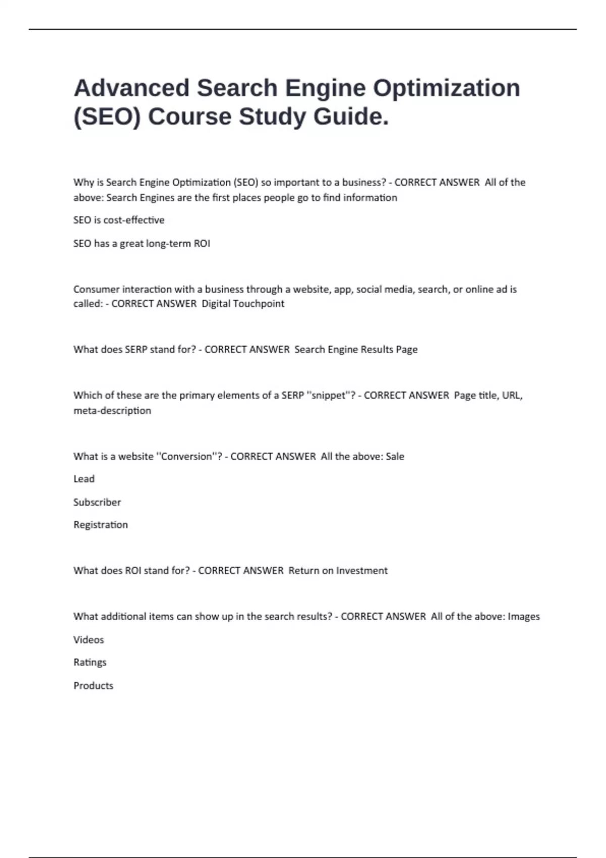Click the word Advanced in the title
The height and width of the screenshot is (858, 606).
tap(131, 88)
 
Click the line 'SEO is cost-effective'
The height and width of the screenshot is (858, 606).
tap(119, 220)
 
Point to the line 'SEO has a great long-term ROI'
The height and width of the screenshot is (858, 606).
tap(141, 243)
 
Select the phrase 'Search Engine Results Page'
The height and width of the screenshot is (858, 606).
tap(356, 349)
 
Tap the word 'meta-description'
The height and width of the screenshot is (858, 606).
tap(112, 410)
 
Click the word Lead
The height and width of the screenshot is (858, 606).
tap(84, 478)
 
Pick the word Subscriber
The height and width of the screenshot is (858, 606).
tap(97, 502)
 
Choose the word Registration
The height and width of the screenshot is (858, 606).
tap(100, 525)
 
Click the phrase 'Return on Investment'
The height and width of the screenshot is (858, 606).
tap(338, 570)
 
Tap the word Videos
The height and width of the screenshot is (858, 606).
tap(88, 639)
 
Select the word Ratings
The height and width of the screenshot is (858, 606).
tap(90, 662)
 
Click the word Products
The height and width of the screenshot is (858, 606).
tap(93, 685)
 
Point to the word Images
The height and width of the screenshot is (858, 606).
tap(524, 616)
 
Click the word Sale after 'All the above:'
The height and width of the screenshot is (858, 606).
tap(395, 456)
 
